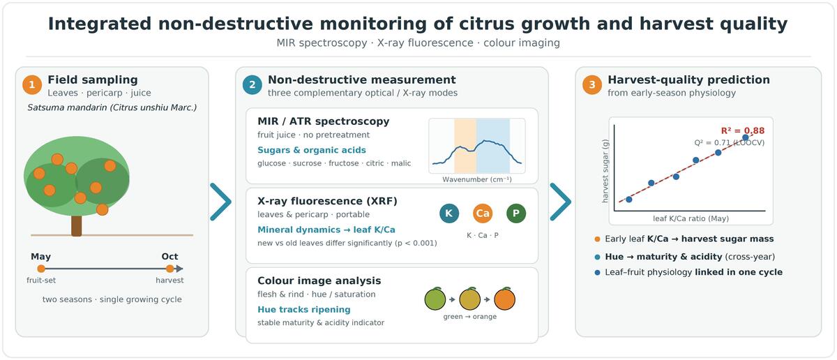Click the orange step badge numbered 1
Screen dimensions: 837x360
32,85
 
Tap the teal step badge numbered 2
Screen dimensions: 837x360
252,85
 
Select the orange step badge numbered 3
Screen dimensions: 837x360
592,85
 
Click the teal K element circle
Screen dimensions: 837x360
449,213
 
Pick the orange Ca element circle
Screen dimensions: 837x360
483,213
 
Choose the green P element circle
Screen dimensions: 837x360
516,213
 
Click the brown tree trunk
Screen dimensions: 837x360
77,226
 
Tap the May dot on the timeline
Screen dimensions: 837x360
41,269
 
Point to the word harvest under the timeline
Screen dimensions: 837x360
169,280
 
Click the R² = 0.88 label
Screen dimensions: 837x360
742,130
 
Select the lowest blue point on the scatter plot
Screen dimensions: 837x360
629,200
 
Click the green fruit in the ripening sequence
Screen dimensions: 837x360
435,299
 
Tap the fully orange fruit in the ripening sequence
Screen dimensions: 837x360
505,299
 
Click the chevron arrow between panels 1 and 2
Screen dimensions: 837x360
220,202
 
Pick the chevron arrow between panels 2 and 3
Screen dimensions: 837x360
561,202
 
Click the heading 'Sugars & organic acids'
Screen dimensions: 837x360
312,150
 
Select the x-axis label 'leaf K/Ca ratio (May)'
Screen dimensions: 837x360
691,218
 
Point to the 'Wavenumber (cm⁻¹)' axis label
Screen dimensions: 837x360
477,179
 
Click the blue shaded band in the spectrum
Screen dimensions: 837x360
493,146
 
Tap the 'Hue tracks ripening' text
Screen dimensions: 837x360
304,310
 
